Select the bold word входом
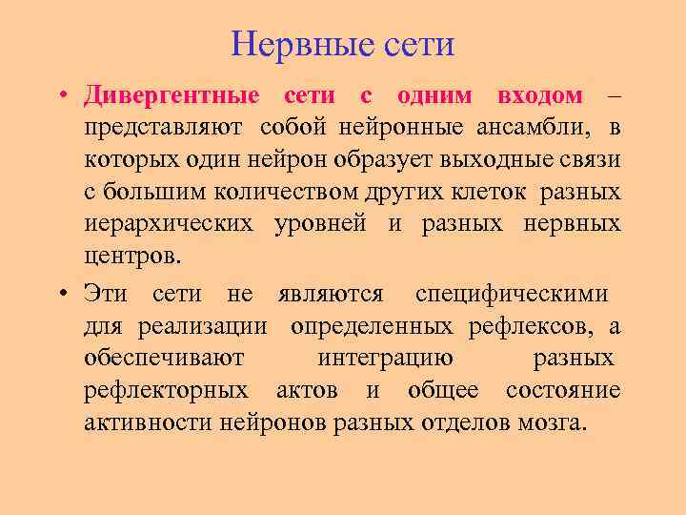click(x=539, y=95)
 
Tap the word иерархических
click(x=170, y=225)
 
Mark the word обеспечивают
click(x=164, y=359)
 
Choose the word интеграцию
click(x=384, y=359)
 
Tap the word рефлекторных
click(x=167, y=391)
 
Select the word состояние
click(x=563, y=391)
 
